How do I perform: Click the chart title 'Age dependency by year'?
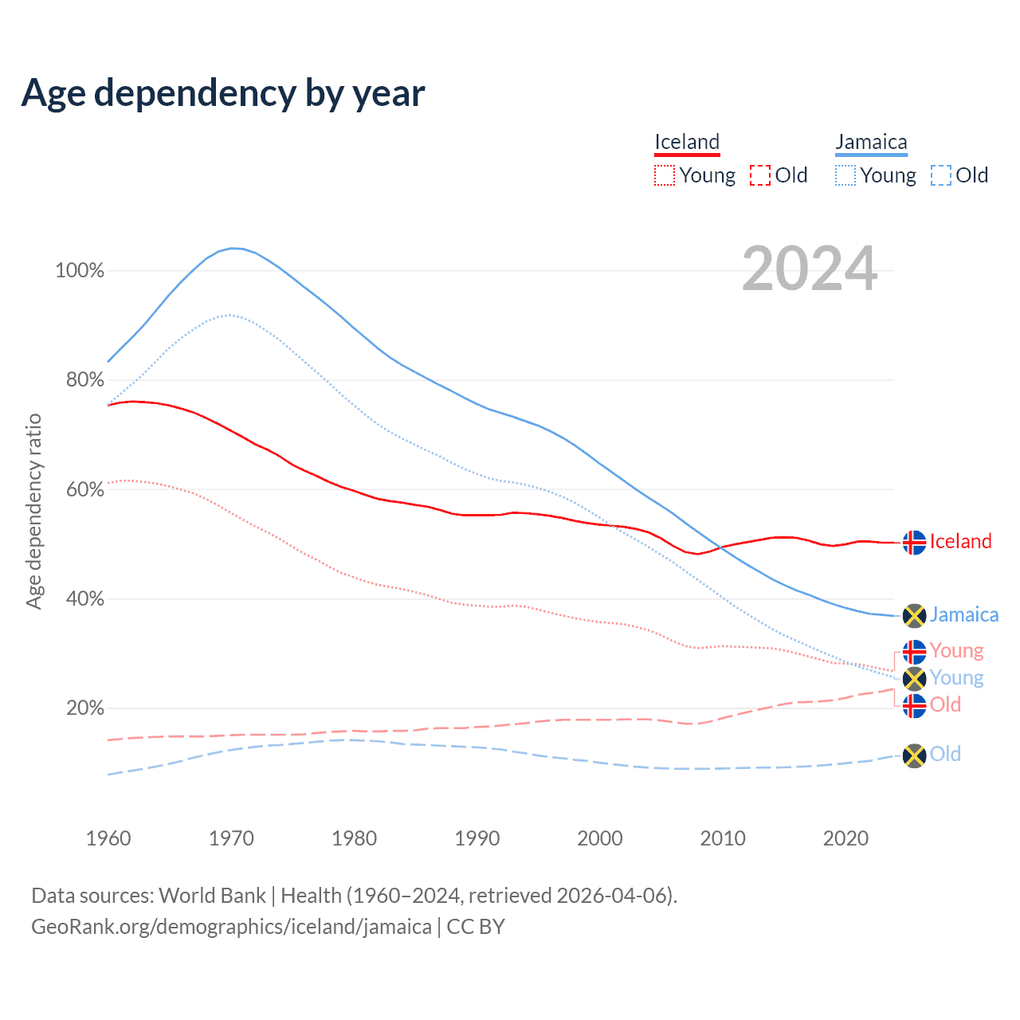tap(223, 93)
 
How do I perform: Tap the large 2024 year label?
tap(810, 269)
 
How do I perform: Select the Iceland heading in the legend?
tap(687, 143)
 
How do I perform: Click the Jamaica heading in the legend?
tap(871, 143)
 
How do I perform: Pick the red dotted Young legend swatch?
tap(664, 175)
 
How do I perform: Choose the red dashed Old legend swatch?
tap(760, 175)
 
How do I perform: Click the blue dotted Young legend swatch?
tap(845, 175)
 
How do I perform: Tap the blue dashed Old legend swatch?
tap(941, 175)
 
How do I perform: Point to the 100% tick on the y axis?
tap(80, 271)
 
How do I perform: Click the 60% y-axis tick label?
tap(84, 489)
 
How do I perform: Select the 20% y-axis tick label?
tap(84, 708)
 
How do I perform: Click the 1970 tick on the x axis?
tap(231, 838)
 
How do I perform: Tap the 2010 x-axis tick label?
tap(723, 838)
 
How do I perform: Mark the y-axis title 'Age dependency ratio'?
tap(34, 511)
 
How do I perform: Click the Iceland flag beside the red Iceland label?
tap(914, 543)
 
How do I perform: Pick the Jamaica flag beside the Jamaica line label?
tap(914, 616)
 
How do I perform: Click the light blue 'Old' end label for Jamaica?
tap(945, 754)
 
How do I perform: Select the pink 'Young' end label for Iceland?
tap(956, 650)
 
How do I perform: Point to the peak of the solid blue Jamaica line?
tap(233, 248)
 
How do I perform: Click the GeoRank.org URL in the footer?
tap(231, 927)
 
